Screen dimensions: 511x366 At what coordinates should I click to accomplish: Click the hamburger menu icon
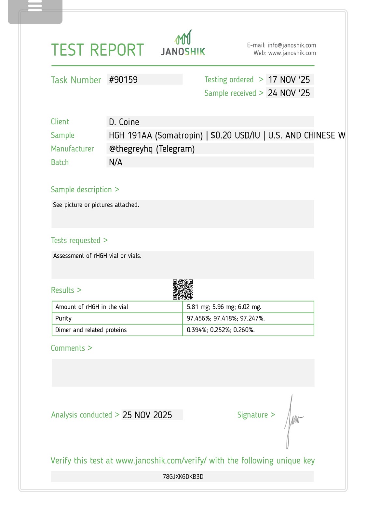point(35,6)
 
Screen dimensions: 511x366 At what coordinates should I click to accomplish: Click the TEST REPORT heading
point(97,50)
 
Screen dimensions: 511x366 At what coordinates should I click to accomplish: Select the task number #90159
point(123,80)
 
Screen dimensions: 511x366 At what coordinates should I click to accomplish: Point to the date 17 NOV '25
point(289,80)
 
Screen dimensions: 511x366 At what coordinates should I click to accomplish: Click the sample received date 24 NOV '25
point(289,93)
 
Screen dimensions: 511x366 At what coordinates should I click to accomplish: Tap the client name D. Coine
point(124,122)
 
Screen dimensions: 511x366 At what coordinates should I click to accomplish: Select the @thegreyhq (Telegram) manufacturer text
point(152,149)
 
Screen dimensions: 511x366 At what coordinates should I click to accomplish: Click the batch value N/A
point(115,162)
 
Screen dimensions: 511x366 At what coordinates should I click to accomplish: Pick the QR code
point(183,289)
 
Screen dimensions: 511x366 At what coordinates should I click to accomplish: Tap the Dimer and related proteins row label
point(91,330)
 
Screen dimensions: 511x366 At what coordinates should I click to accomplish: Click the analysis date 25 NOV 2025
point(147,415)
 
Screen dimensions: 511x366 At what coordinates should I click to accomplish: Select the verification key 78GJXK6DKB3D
point(183,477)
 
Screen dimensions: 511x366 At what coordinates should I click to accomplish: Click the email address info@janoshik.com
point(291,45)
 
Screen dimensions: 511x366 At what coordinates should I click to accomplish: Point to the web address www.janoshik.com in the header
point(292,53)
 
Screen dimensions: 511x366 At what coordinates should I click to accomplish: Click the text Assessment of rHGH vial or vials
point(97,256)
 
